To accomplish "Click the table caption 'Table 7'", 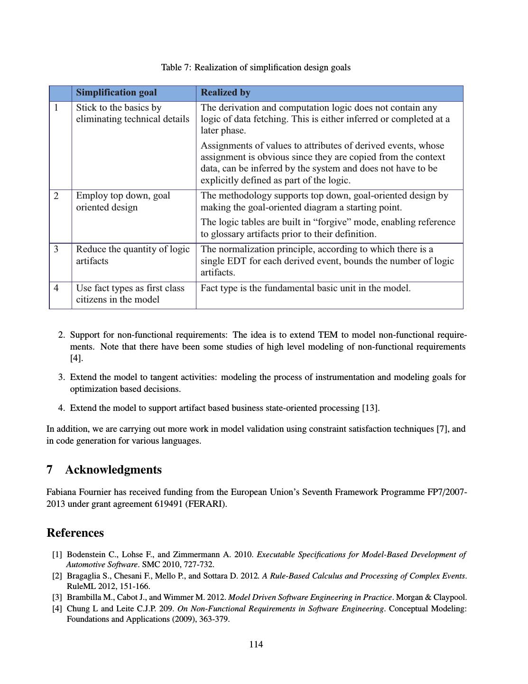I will pos(256,67).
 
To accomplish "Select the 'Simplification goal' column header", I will pos(116,93).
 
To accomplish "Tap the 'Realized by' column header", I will pos(225,93).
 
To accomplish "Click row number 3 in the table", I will pos(56,249).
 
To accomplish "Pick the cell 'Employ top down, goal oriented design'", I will pos(123,201).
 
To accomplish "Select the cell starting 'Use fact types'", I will pos(130,294).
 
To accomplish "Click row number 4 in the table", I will pos(56,288).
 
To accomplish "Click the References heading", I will pos(75,533).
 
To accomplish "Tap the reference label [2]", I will pos(57,576).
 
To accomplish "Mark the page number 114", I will pos(256,645).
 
